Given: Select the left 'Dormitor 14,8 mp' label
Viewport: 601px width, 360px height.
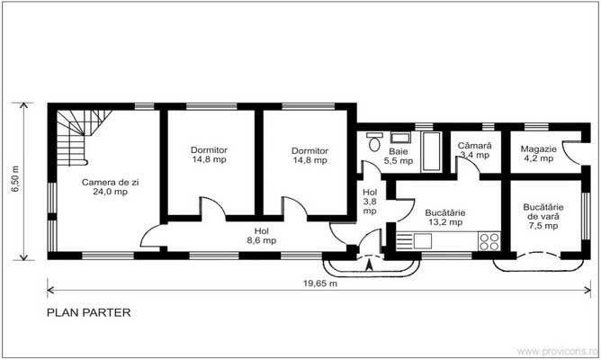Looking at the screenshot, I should [x=209, y=155].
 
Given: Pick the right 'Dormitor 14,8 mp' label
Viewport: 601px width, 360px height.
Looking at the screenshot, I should [x=309, y=155].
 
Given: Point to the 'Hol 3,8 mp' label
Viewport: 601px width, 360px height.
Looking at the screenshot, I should [x=370, y=202].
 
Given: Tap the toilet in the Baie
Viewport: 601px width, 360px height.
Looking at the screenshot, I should [x=374, y=141].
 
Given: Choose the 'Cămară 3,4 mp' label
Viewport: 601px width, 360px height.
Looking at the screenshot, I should [x=474, y=149].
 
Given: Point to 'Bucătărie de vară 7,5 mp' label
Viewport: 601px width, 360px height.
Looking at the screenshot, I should [x=542, y=216].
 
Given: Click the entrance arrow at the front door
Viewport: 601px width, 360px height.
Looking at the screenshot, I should [x=370, y=263].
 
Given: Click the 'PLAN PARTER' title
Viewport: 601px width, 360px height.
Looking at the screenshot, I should [x=88, y=313].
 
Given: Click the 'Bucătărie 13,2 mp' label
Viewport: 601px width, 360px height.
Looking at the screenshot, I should [x=444, y=217].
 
